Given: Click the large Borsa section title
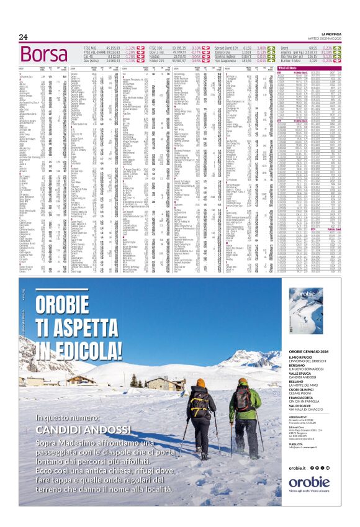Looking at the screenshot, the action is click(43, 54).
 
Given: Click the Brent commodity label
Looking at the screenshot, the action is click(285, 47).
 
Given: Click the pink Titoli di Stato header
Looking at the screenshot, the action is click(307, 67).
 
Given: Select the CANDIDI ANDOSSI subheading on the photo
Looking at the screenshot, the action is click(78, 429).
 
